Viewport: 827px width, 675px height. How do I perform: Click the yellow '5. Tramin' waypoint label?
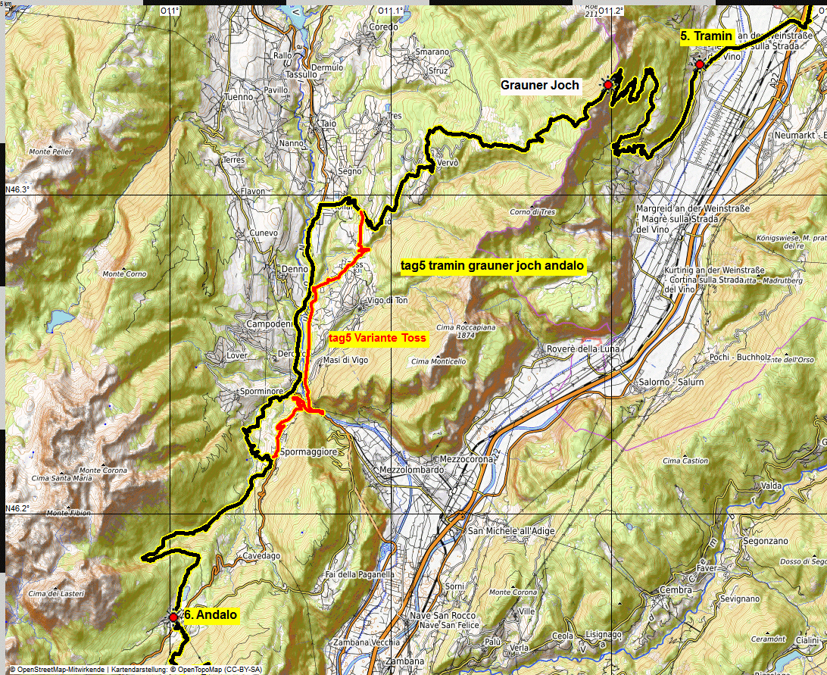706,36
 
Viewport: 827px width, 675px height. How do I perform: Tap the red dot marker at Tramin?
700,65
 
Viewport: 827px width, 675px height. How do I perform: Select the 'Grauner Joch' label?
540,86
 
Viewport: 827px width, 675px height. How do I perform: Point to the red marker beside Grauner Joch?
607,86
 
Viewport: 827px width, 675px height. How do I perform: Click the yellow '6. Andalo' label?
211,616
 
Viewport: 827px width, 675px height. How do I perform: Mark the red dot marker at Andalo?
173,618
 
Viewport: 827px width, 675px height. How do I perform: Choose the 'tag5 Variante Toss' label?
378,338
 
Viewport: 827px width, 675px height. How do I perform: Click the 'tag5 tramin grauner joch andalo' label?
492,266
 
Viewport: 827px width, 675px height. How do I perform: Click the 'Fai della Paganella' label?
360,574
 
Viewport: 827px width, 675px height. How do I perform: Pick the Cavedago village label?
261,556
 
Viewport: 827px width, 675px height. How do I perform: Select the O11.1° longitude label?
391,10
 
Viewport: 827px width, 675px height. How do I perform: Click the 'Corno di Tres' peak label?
532,212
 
